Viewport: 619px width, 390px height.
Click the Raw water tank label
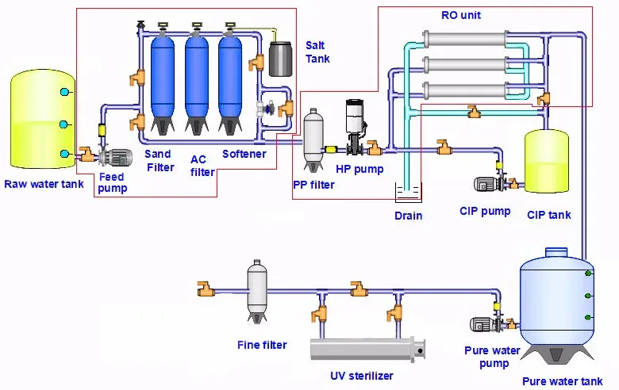tap(43, 185)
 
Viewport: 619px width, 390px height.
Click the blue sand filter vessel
tap(163, 79)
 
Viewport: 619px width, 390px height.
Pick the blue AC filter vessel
tap(197, 79)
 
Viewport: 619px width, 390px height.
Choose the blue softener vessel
tap(231, 79)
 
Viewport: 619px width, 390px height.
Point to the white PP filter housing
tap(314, 140)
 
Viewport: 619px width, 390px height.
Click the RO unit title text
tap(461, 15)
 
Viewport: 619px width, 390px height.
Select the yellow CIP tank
tap(547, 162)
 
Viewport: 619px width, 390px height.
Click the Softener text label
tap(244, 154)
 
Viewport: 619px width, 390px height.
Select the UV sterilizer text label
tap(361, 375)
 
